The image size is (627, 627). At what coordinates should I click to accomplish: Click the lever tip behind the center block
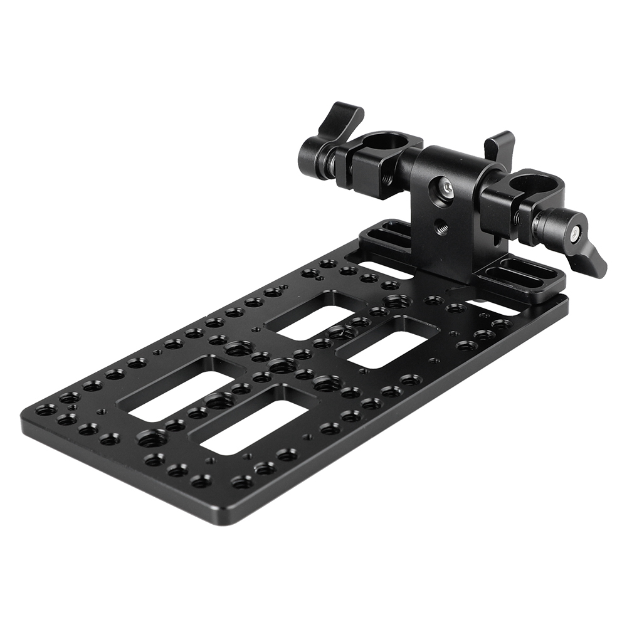(x=500, y=145)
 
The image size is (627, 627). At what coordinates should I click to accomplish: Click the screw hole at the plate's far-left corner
(x=45, y=411)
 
